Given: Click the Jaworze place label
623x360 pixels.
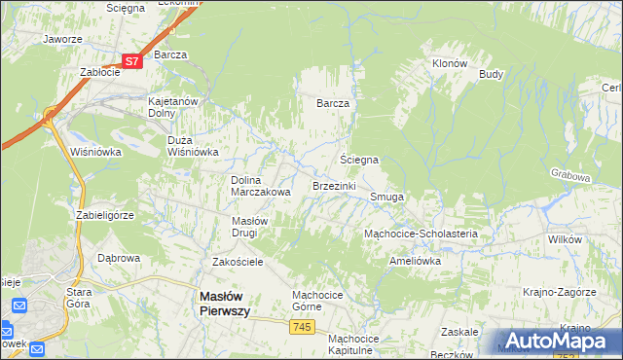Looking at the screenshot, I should click(61, 40).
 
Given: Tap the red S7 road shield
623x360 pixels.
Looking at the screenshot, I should click(133, 60).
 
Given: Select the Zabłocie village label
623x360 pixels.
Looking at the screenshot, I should click(99, 72).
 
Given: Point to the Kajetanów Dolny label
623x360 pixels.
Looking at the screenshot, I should click(172, 106).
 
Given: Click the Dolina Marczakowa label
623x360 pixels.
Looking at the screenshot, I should click(260, 186).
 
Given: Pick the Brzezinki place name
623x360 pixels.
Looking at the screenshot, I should click(334, 185).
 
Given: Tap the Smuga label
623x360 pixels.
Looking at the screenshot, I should click(386, 197).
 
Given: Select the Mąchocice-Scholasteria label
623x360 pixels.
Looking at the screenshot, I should click(421, 234).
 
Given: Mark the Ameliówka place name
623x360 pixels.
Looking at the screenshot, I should click(415, 261).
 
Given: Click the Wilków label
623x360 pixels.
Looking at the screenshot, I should click(564, 238).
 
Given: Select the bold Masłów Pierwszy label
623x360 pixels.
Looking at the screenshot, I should click(225, 303).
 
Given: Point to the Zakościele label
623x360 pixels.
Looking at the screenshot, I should click(238, 262).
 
